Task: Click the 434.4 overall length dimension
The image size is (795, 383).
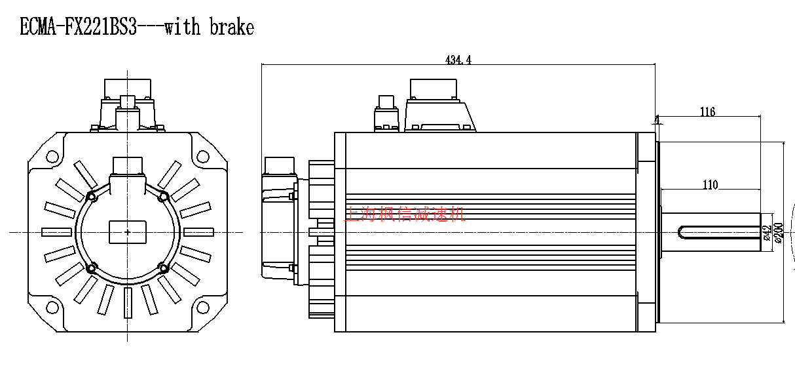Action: [x=458, y=60]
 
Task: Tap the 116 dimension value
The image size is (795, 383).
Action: [x=707, y=112]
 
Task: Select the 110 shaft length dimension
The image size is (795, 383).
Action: [x=711, y=185]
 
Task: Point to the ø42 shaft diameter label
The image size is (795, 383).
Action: [x=767, y=233]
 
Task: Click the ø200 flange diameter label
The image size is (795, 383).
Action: [x=779, y=233]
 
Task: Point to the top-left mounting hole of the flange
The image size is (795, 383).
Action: [x=52, y=156]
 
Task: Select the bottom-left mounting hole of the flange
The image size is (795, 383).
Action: [x=52, y=307]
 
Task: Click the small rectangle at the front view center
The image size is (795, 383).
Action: [x=127, y=232]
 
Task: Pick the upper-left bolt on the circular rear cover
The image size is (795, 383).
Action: [x=92, y=197]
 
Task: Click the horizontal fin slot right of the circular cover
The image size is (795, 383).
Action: [x=198, y=232]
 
